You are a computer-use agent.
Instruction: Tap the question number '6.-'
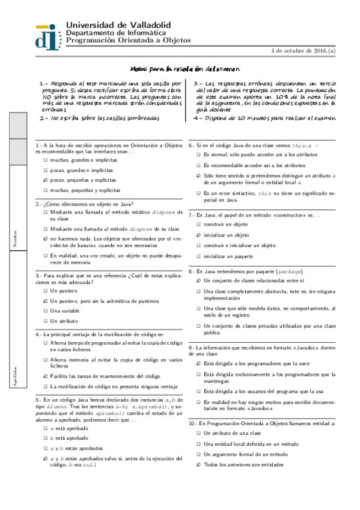coord(192,146)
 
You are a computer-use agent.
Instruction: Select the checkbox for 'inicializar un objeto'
coord(199,235)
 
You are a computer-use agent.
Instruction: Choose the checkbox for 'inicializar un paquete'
coord(199,256)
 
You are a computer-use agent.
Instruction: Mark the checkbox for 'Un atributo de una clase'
coord(199,433)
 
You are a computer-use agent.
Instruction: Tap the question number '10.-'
coord(193,423)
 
